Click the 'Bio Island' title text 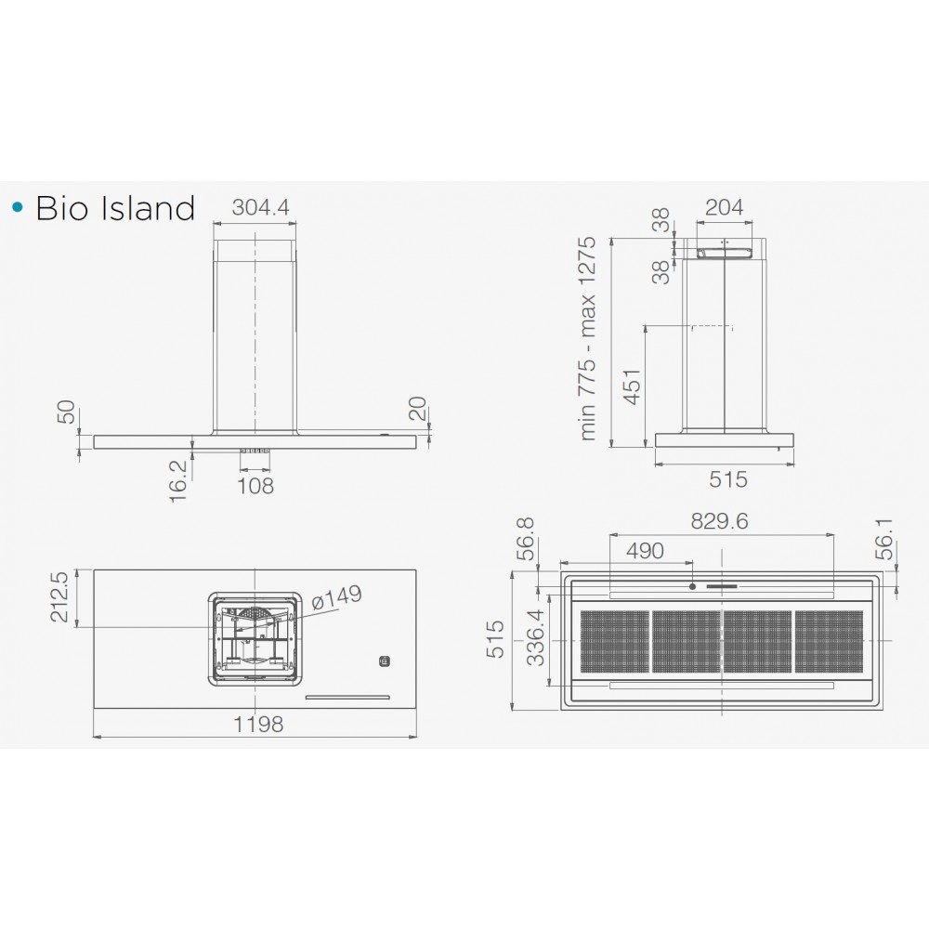(115, 208)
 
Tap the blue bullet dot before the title (18, 207)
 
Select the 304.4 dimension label (260, 207)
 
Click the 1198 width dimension (258, 724)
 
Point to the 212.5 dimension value (60, 596)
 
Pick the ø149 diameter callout (336, 597)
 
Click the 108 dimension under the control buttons (255, 486)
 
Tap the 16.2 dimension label (177, 482)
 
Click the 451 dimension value (632, 387)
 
